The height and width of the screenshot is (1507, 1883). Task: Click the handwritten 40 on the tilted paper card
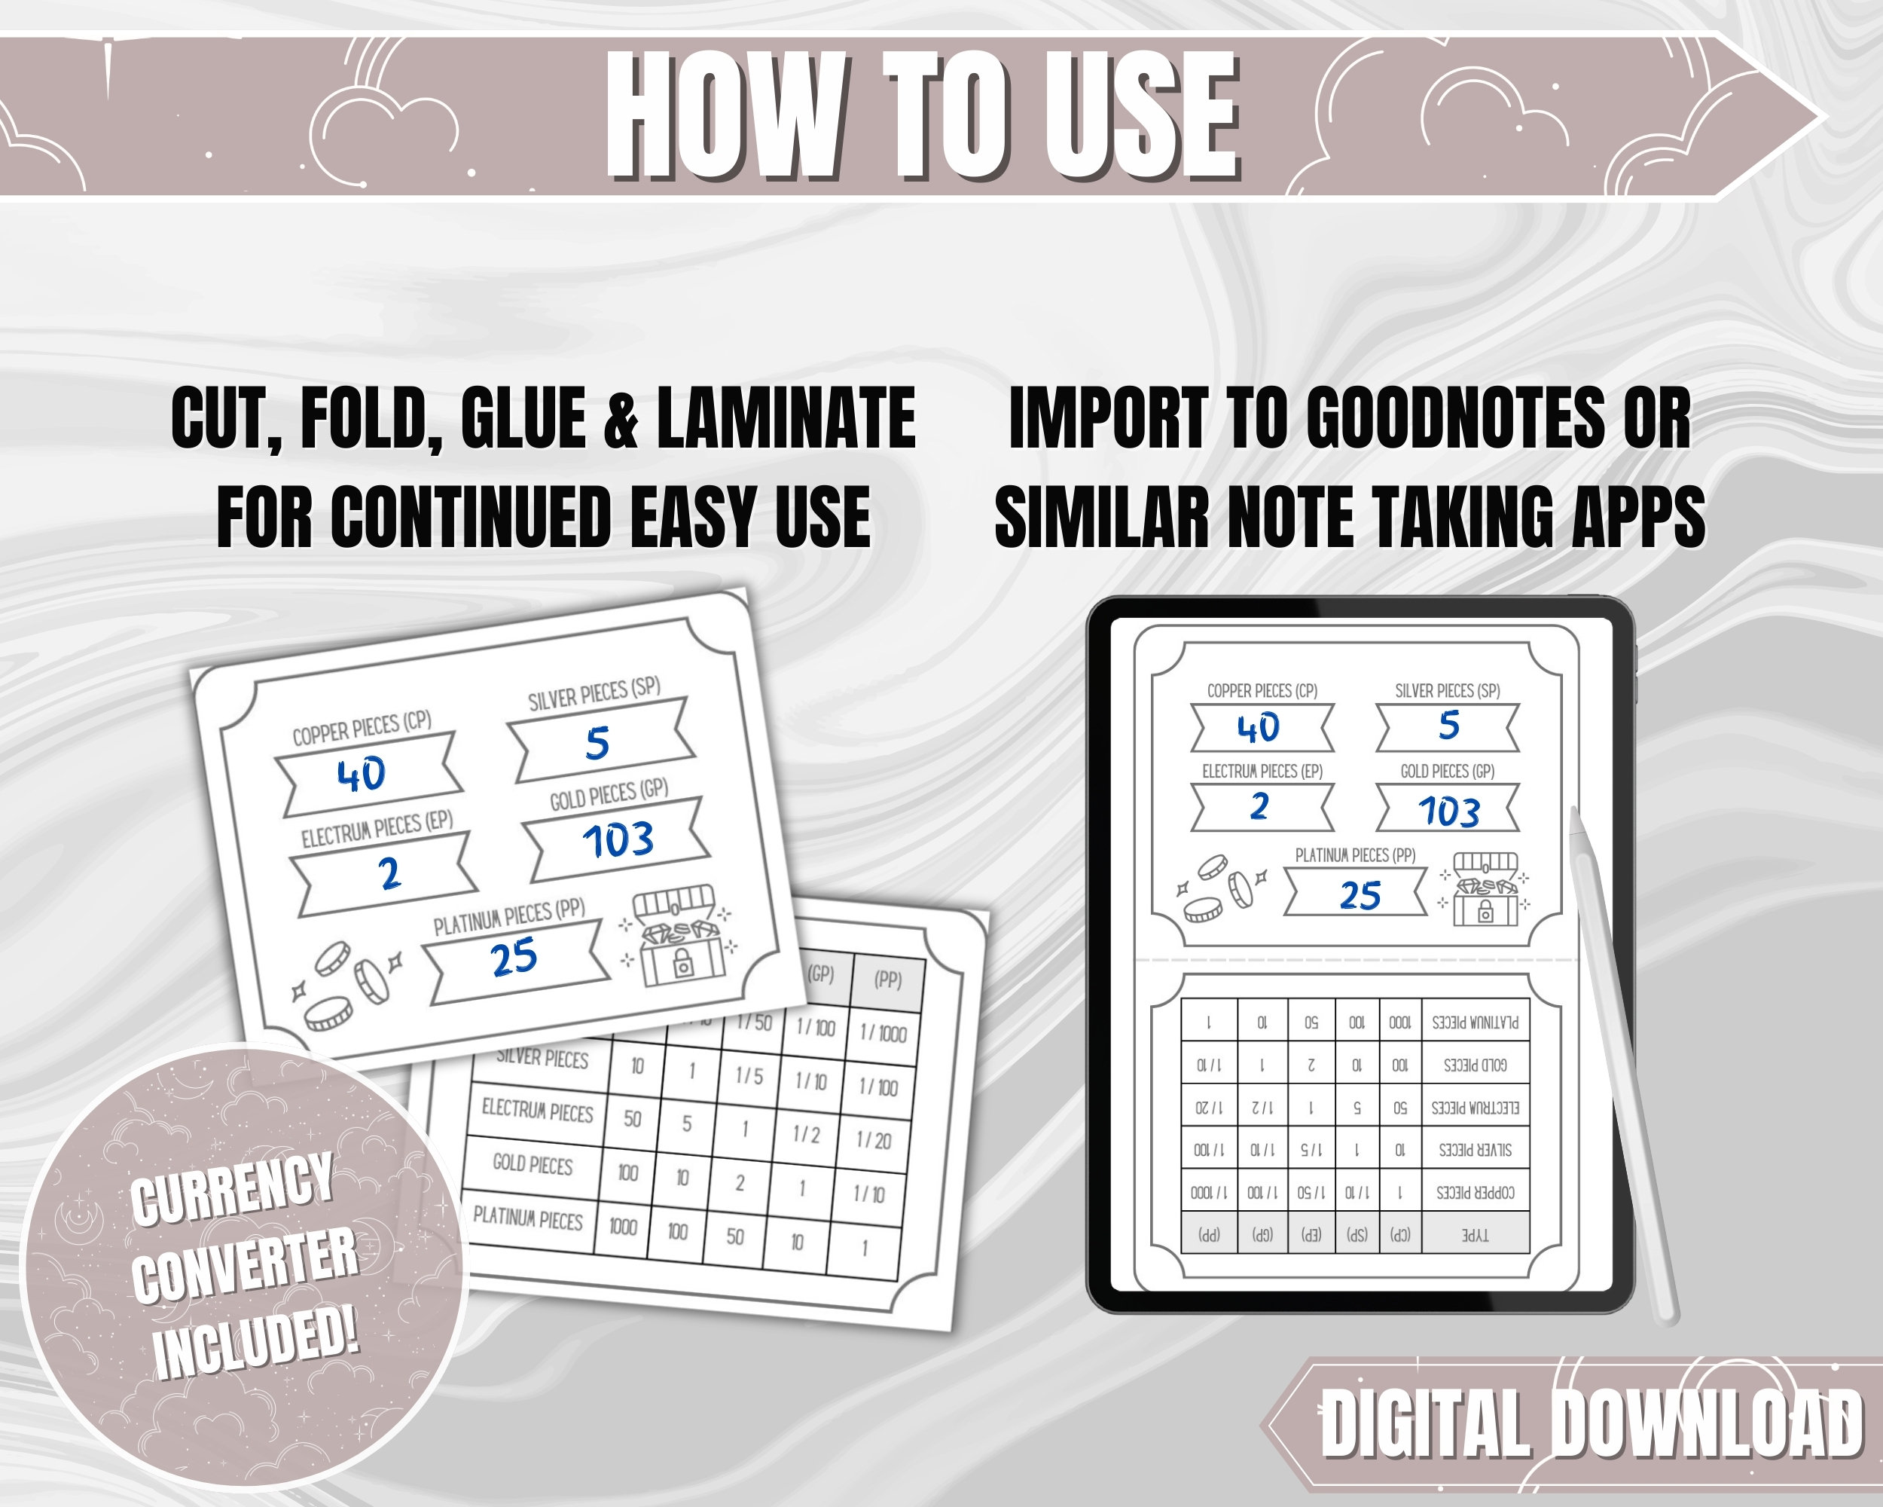(362, 774)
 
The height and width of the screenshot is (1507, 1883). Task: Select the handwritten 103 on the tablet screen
(1449, 812)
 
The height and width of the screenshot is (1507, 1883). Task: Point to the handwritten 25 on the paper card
(514, 958)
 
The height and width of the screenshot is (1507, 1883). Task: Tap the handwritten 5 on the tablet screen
(1449, 726)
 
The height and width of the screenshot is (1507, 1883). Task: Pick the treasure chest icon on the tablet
(1484, 888)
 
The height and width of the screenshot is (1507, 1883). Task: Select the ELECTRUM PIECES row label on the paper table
(537, 1111)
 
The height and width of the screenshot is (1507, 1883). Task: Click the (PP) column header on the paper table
(888, 980)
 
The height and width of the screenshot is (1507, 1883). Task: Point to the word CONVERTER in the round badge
(245, 1264)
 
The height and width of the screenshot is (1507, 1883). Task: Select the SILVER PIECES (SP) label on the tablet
(1447, 691)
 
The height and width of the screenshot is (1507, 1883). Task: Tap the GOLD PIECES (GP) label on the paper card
(609, 795)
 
